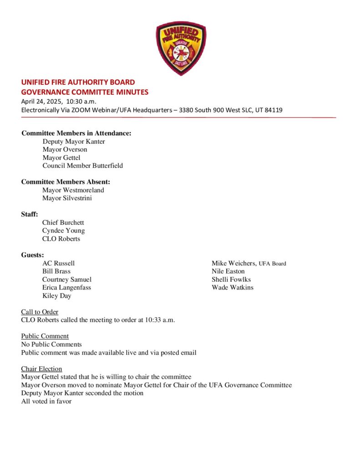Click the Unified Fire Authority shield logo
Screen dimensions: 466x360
point(181,48)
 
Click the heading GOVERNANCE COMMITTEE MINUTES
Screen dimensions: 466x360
point(85,92)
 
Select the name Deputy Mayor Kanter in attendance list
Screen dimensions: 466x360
point(74,142)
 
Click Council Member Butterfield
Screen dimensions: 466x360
point(82,166)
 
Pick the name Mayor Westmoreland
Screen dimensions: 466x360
point(73,190)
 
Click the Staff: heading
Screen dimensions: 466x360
point(30,214)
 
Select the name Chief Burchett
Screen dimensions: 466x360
point(63,223)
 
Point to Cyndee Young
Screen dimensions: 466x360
point(63,231)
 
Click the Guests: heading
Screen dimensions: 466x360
point(32,255)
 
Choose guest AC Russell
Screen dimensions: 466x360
point(58,263)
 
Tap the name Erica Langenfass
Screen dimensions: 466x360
point(66,288)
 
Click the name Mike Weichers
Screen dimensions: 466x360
point(233,263)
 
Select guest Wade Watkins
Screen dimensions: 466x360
point(233,288)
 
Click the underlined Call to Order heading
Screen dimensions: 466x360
point(40,312)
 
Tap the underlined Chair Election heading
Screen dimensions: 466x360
point(41,369)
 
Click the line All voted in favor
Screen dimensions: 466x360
point(46,401)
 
